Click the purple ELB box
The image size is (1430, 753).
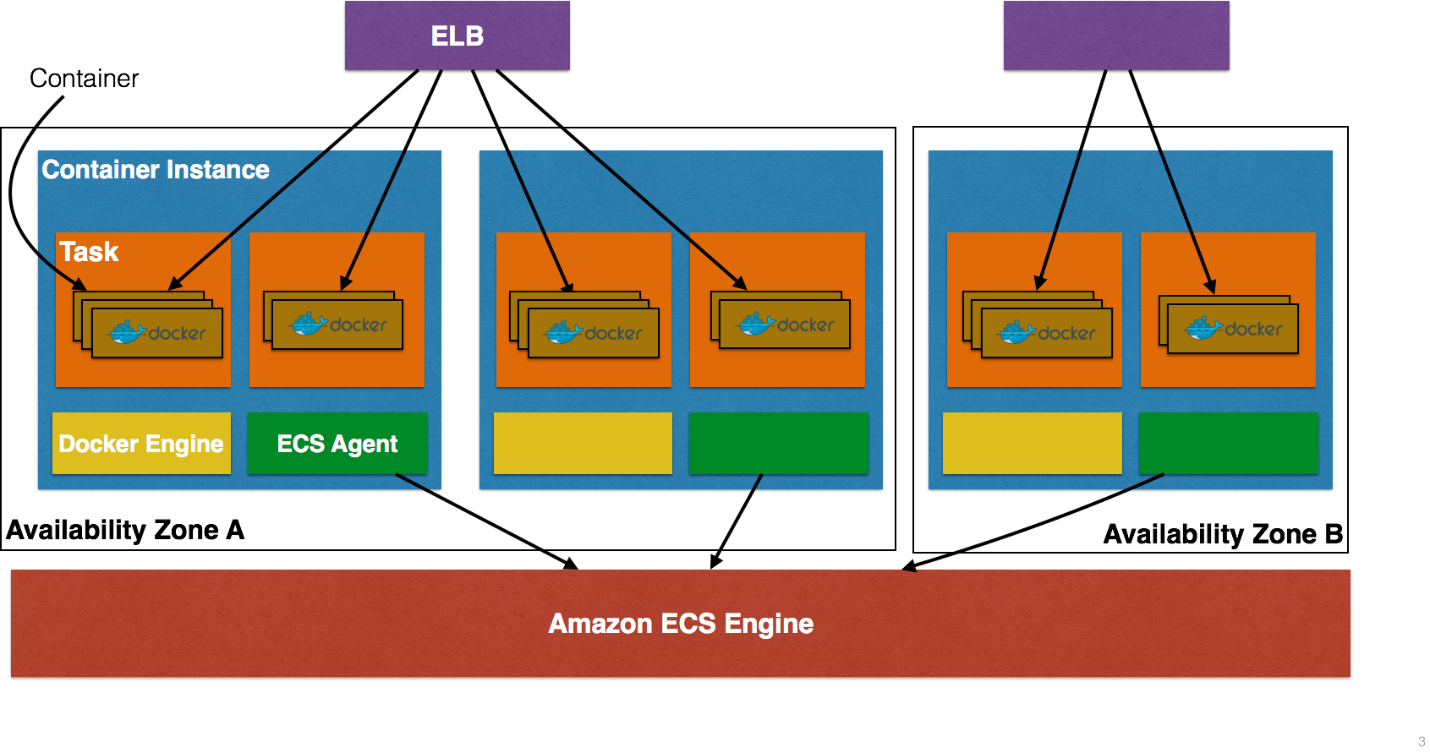pyautogui.click(x=457, y=36)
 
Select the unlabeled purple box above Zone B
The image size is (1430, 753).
pyautogui.click(x=1116, y=36)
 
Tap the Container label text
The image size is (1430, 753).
pyautogui.click(x=84, y=79)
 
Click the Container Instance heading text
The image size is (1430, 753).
pyautogui.click(x=156, y=170)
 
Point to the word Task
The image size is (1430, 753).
pyautogui.click(x=89, y=252)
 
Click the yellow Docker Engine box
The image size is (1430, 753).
pyautogui.click(x=141, y=444)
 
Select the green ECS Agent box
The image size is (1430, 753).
pyautogui.click(x=337, y=444)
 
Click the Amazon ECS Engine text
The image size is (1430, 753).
pyautogui.click(x=681, y=624)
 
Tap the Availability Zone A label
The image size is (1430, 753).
pyautogui.click(x=125, y=530)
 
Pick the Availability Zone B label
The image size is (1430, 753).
pyautogui.click(x=1223, y=534)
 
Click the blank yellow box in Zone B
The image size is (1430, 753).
pyautogui.click(x=1032, y=444)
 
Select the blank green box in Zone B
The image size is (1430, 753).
pyautogui.click(x=1229, y=444)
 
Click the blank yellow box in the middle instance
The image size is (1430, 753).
pyautogui.click(x=583, y=444)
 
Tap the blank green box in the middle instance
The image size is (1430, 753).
pyautogui.click(x=779, y=444)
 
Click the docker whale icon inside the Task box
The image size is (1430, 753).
pyautogui.click(x=128, y=332)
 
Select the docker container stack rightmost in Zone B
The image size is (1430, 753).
pyautogui.click(x=1232, y=328)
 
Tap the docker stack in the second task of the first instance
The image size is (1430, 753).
pyautogui.click(x=337, y=323)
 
